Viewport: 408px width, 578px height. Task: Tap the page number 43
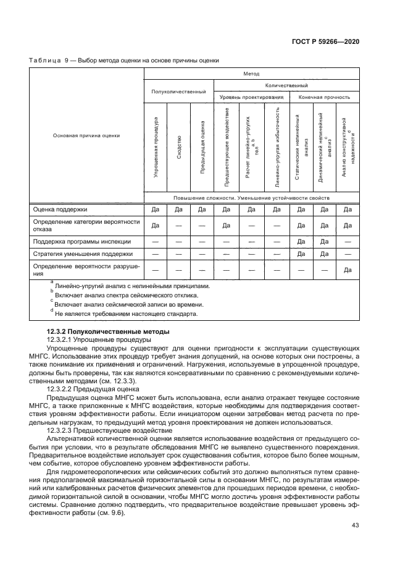click(x=355, y=525)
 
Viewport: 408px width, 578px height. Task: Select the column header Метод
click(x=251, y=73)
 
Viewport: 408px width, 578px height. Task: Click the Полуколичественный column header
click(x=179, y=91)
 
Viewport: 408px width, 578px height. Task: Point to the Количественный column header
click(x=286, y=85)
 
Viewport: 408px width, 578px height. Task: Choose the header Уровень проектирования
click(x=251, y=97)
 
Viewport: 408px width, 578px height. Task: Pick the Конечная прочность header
click(x=324, y=97)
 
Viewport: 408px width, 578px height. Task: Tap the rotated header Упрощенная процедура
click(x=156, y=148)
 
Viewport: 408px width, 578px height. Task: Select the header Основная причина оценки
click(x=86, y=135)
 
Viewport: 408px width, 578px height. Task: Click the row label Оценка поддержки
click(x=60, y=209)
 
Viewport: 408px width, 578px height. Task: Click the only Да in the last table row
click(x=348, y=270)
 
